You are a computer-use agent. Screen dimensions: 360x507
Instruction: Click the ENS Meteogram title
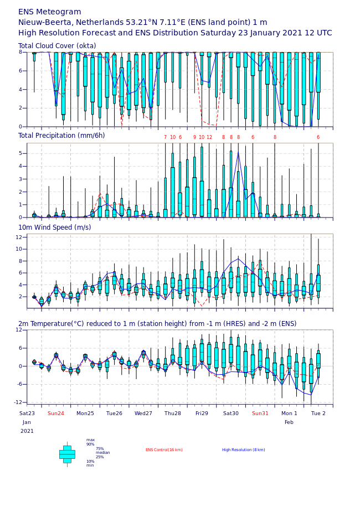[x=49, y=12]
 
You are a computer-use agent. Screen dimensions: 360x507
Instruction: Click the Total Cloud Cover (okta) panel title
[x=57, y=45]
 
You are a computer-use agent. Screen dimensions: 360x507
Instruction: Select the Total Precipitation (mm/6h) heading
[x=61, y=136]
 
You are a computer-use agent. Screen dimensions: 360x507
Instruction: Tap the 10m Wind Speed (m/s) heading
[x=54, y=227]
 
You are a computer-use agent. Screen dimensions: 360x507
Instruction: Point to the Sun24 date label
[x=55, y=413]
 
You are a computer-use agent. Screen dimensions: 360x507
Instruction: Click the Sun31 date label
[x=260, y=413]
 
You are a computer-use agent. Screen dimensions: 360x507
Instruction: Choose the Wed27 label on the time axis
[x=143, y=413]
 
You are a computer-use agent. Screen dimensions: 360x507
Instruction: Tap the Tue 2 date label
[x=318, y=413]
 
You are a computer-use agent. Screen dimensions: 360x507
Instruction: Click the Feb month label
[x=289, y=422]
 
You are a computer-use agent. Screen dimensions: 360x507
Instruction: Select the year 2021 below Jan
[x=27, y=431]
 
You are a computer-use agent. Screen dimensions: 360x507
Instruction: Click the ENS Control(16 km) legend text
[x=164, y=450]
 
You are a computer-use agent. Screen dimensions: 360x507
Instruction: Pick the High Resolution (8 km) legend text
[x=244, y=450]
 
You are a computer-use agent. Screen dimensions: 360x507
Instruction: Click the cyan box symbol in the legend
[x=67, y=454]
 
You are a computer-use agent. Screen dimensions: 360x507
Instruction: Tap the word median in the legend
[x=103, y=453]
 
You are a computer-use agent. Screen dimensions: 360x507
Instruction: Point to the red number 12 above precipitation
[x=209, y=137]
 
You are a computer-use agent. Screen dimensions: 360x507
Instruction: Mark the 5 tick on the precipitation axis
[x=20, y=153]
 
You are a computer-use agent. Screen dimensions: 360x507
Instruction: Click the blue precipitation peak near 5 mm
[x=238, y=152]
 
